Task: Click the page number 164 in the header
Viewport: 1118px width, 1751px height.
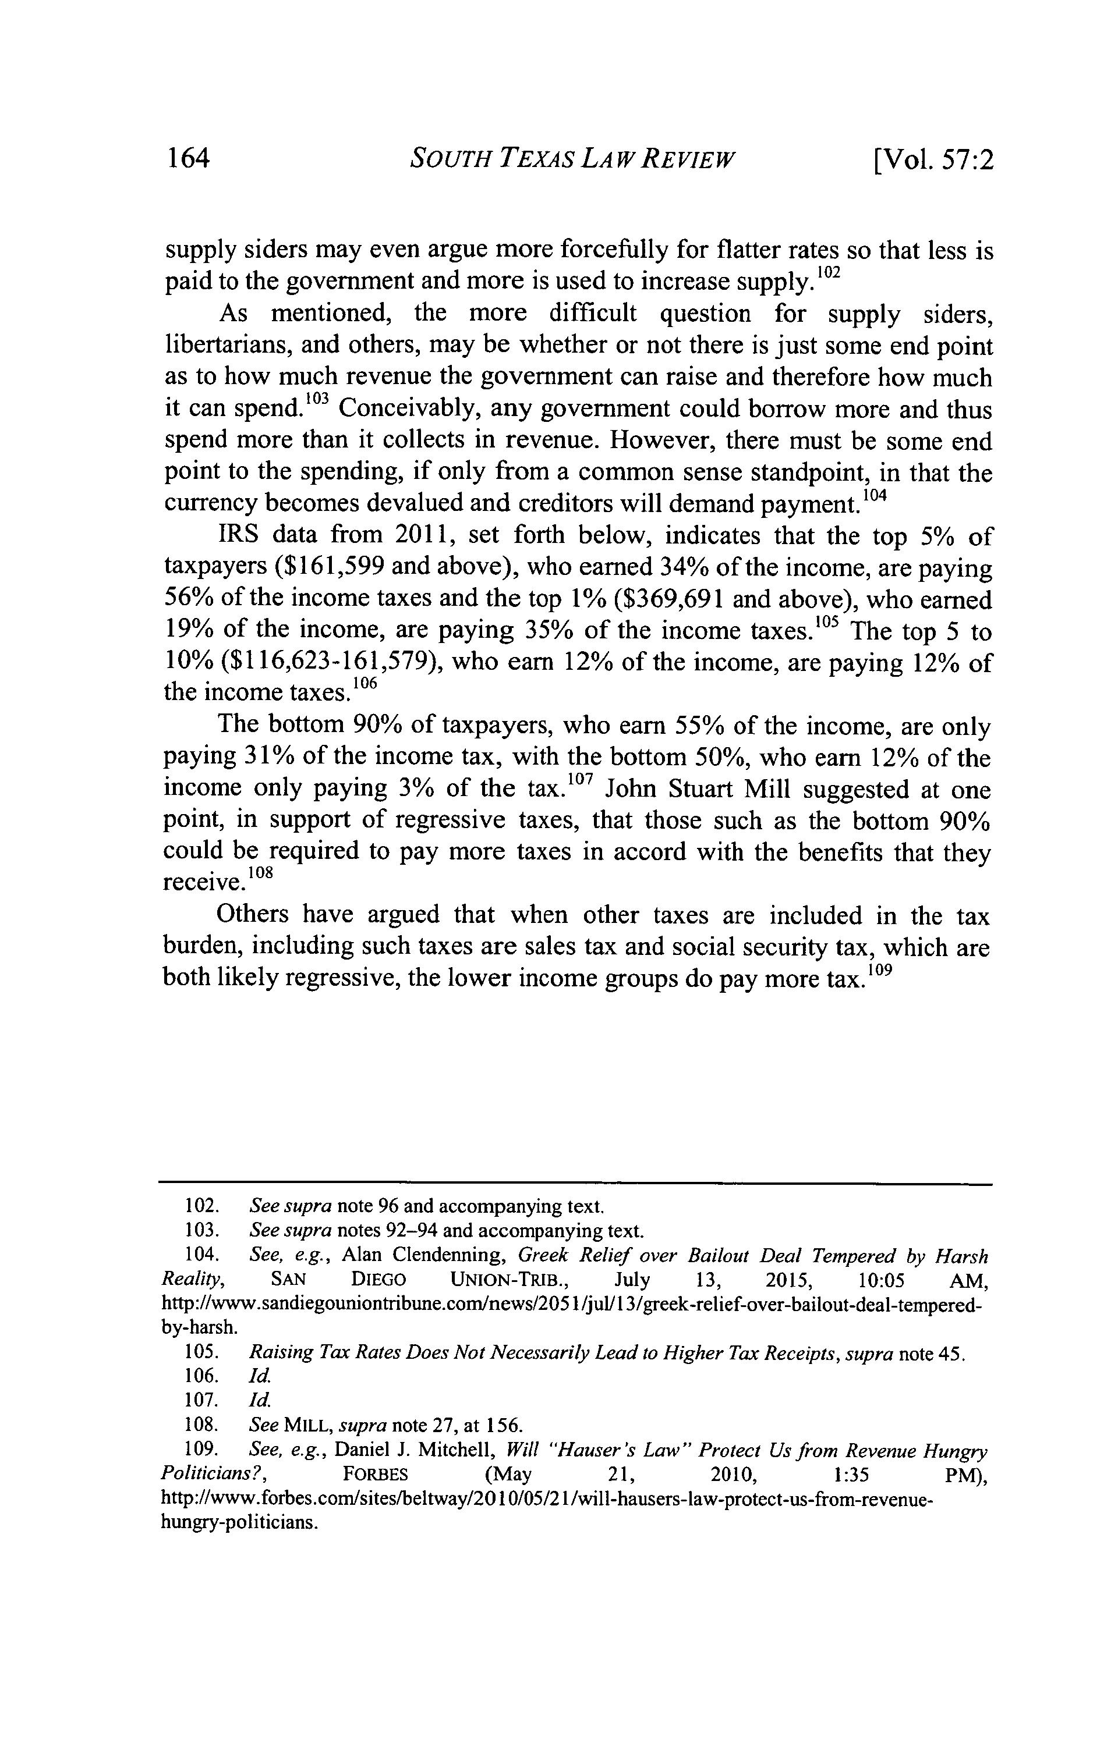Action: (x=187, y=158)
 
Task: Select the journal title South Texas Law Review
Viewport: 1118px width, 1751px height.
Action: (x=573, y=158)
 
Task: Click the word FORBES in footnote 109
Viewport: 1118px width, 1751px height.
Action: (x=374, y=1474)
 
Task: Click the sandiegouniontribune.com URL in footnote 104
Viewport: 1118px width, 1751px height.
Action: (x=571, y=1304)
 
